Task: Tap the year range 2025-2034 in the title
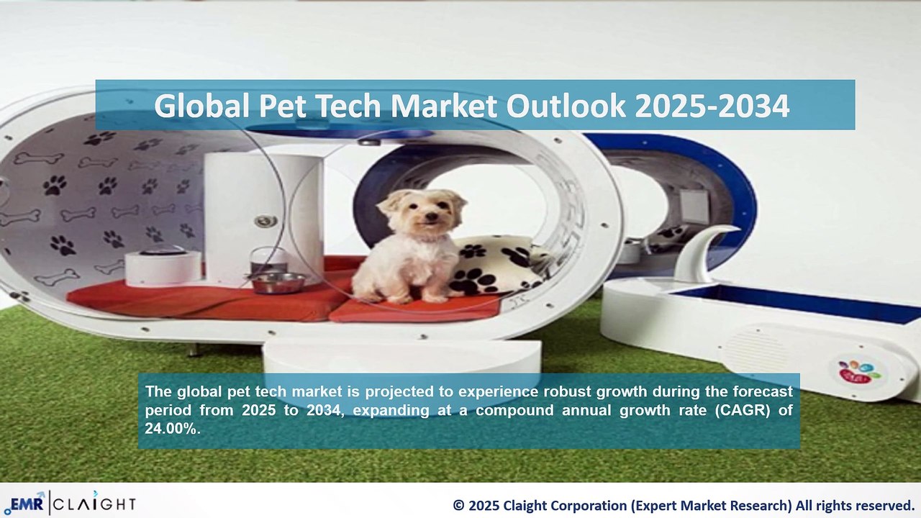712,106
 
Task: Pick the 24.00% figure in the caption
172,429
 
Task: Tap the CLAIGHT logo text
94,504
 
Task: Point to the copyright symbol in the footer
458,505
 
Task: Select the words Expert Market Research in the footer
712,505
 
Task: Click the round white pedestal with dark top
163,266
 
